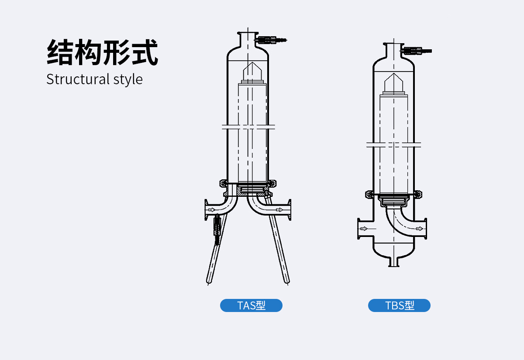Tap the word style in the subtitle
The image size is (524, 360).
point(128,79)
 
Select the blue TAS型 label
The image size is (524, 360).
point(251,305)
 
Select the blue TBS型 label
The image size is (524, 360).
point(399,305)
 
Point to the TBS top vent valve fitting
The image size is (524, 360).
point(417,51)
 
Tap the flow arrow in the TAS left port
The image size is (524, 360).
point(212,210)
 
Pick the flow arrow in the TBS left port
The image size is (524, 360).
point(362,228)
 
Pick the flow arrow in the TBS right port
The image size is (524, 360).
point(419,228)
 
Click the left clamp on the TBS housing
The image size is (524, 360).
point(369,193)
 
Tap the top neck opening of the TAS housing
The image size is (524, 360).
point(248,33)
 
